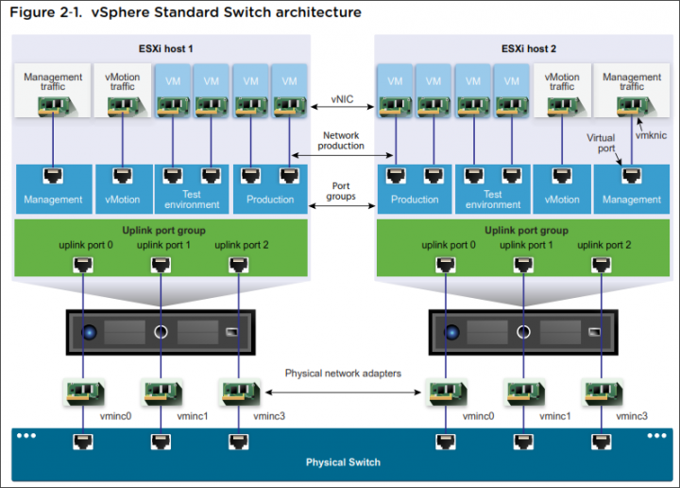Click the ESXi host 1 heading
[x=165, y=48]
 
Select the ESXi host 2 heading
[x=529, y=48]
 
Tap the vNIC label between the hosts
[x=342, y=99]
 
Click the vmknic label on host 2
[x=651, y=135]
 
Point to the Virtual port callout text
[x=601, y=143]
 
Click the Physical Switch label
[x=343, y=462]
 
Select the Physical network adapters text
[x=343, y=374]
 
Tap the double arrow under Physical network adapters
[x=343, y=392]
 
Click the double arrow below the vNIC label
[x=343, y=107]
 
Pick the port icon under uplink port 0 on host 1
[x=83, y=264]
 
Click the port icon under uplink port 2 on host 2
[x=601, y=264]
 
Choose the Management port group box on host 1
[x=54, y=189]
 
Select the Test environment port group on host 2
[x=493, y=189]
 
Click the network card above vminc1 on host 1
[x=161, y=392]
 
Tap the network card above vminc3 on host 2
[x=603, y=392]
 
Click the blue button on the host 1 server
[x=90, y=332]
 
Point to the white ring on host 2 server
[x=523, y=332]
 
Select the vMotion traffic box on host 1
[x=123, y=90]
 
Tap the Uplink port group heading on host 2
[x=526, y=230]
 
